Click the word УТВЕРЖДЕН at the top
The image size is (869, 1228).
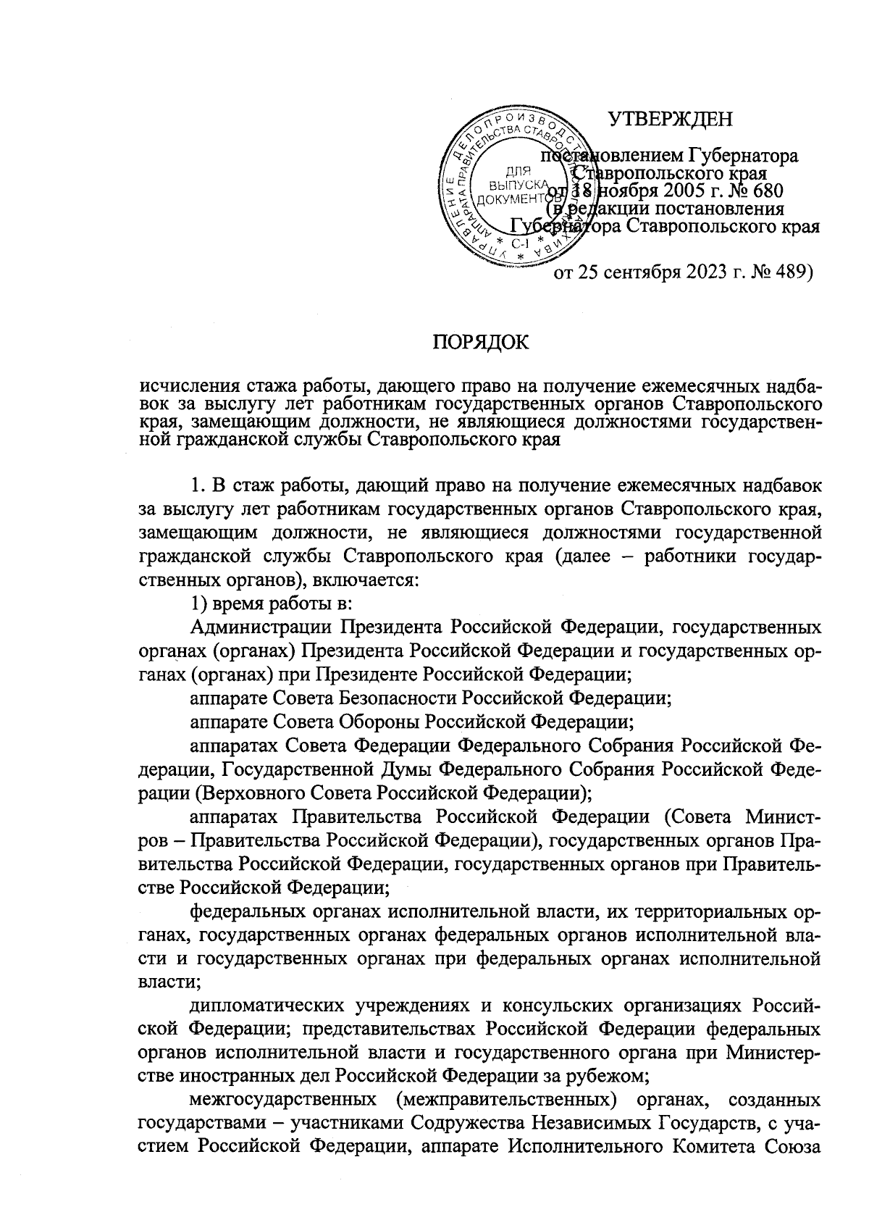(670, 118)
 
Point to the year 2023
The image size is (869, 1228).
(708, 273)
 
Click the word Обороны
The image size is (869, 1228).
(380, 722)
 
